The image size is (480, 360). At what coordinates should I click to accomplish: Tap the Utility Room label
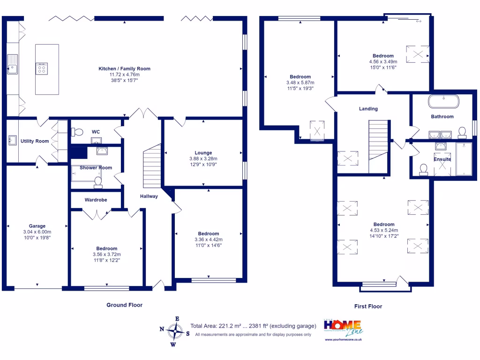[35, 141]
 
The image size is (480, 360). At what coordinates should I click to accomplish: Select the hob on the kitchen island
[41, 69]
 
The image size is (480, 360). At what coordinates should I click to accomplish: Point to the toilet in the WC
[78, 132]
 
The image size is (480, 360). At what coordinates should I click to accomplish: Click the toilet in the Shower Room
[98, 181]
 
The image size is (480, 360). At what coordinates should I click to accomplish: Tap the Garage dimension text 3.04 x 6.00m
[37, 232]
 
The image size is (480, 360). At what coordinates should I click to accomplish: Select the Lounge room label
[203, 153]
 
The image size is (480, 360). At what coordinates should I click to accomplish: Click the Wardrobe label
[96, 200]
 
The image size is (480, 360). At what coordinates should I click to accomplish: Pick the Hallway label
[149, 196]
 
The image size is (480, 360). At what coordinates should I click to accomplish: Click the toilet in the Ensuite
[424, 169]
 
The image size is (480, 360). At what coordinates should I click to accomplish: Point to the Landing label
[368, 109]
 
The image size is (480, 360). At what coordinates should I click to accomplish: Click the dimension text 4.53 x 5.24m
[383, 230]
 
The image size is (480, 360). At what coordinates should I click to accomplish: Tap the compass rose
[175, 331]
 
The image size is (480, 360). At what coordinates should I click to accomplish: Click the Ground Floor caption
[124, 305]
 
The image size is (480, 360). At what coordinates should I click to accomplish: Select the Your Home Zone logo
[343, 330]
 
